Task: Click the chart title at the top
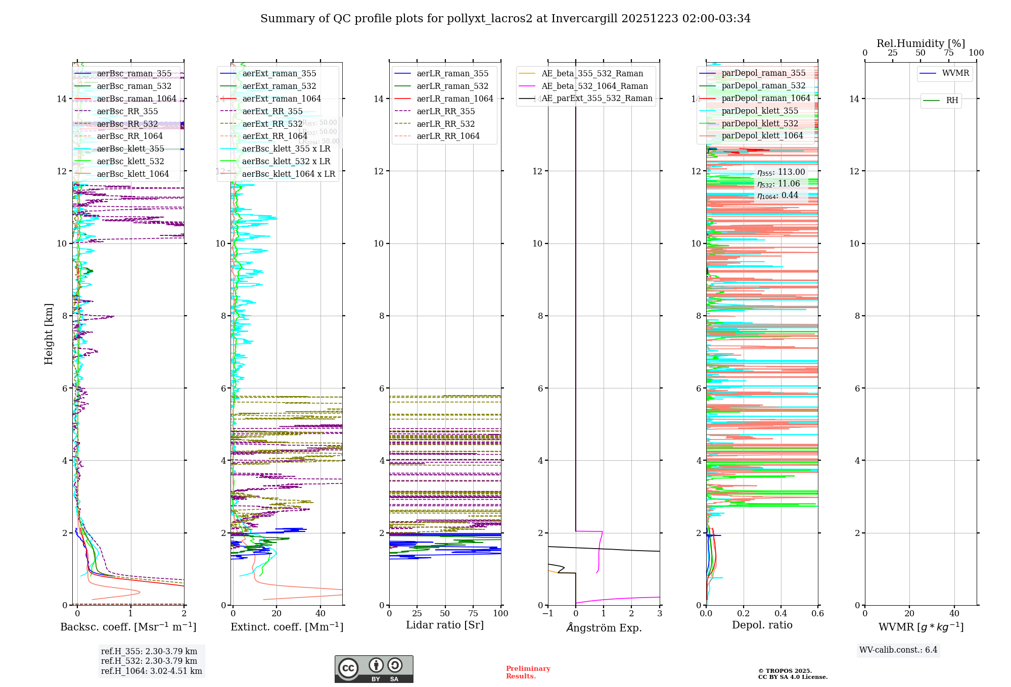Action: (x=505, y=19)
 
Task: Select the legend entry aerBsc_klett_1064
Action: (x=132, y=174)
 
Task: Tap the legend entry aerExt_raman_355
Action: (x=279, y=73)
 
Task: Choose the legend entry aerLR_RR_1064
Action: (x=448, y=136)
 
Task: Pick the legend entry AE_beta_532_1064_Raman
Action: (x=594, y=86)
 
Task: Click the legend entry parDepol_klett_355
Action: (x=760, y=111)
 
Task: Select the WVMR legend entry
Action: (x=955, y=73)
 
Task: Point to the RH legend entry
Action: (x=952, y=101)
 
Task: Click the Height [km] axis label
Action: (x=49, y=334)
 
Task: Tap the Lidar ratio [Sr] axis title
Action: (x=445, y=625)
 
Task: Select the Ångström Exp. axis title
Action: (x=604, y=627)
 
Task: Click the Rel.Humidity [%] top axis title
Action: (x=921, y=43)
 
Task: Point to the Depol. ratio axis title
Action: (x=762, y=625)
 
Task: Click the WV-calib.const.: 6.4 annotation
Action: (x=898, y=650)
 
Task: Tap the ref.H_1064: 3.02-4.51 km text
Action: (x=151, y=671)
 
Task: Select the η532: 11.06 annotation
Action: (x=778, y=184)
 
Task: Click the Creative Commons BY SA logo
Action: (x=374, y=669)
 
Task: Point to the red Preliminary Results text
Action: (x=528, y=672)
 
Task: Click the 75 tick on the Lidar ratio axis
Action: (x=473, y=613)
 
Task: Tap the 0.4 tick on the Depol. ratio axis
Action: (x=780, y=613)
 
